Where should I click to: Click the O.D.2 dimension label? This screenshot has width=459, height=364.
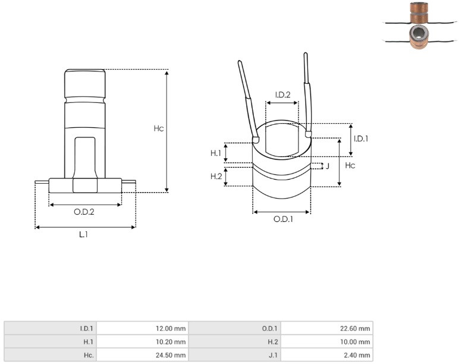(x=84, y=212)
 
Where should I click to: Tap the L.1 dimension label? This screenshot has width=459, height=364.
(x=83, y=234)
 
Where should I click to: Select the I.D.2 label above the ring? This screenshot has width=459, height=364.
(x=282, y=95)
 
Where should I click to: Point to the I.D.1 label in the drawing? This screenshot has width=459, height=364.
(x=361, y=139)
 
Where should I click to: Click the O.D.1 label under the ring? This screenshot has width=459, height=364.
(x=283, y=219)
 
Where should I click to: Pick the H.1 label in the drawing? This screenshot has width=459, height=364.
(x=216, y=153)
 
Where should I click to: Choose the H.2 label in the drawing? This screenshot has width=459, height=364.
(x=216, y=176)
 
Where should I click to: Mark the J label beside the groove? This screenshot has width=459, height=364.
(x=328, y=166)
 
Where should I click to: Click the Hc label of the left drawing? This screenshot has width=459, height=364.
(x=159, y=128)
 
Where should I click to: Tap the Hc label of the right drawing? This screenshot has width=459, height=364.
(x=350, y=165)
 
